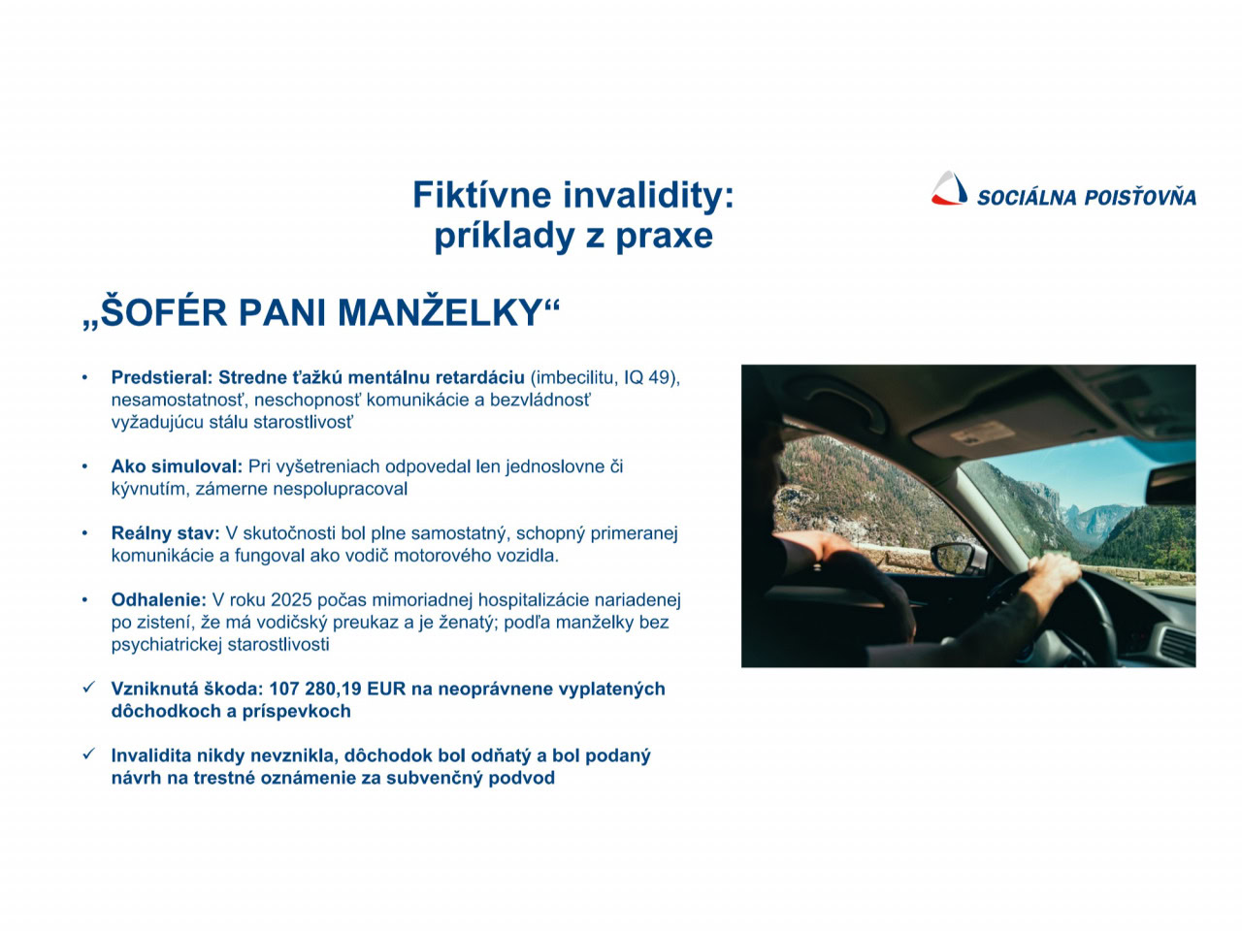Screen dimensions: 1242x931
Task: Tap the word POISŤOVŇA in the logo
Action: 1139,197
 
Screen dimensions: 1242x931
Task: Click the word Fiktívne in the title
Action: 482,195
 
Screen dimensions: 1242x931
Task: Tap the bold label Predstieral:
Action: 161,377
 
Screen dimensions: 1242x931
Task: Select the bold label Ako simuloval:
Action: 177,466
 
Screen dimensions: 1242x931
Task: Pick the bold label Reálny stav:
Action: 165,533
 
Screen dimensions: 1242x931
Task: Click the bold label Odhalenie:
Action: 158,599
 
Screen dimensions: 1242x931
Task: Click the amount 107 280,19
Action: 315,690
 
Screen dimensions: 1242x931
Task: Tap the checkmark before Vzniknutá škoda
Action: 88,688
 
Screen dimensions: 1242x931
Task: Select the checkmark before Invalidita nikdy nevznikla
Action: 88,754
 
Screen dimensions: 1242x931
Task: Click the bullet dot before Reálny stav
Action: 84,533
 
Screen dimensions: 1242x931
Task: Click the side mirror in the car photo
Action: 958,559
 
